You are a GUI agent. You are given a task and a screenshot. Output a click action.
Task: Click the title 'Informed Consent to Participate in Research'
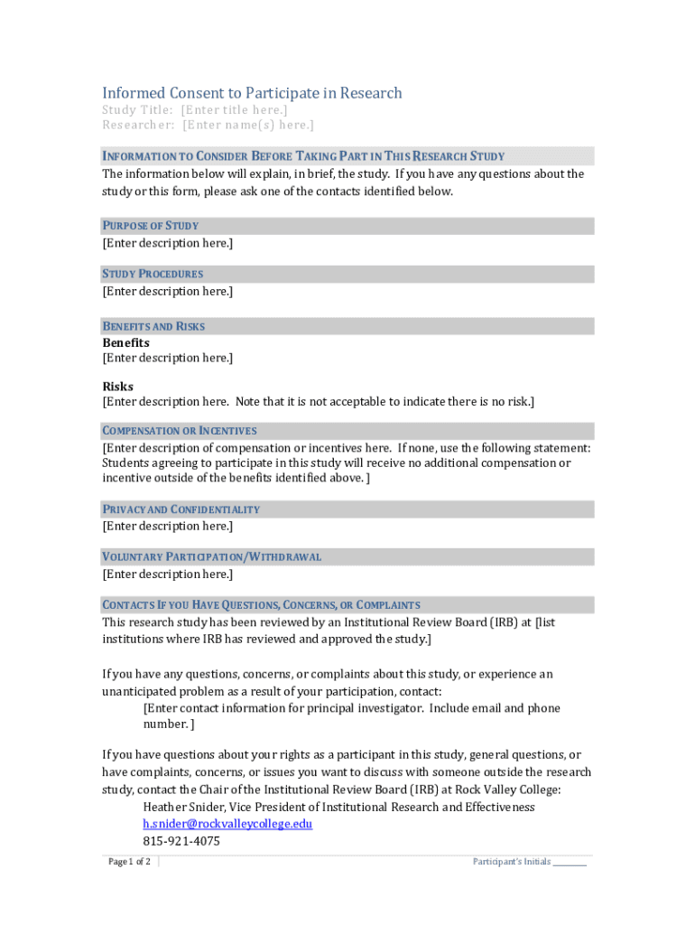252,93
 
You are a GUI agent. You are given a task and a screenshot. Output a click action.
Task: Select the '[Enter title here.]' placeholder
235,110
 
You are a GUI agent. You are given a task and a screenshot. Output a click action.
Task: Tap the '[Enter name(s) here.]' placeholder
248,126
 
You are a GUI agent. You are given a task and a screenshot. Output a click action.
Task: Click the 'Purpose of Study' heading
151,226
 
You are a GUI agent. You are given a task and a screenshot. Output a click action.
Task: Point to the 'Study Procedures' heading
153,274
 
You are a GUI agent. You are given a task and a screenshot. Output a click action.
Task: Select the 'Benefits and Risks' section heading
153,326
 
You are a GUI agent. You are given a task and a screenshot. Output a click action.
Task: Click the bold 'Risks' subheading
117,387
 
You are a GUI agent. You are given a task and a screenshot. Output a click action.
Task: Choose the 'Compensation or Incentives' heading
180,431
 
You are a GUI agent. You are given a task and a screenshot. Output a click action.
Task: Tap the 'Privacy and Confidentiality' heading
181,509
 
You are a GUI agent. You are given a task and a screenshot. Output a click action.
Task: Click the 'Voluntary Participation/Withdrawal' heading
212,556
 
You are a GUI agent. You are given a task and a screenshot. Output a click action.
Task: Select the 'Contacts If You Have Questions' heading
262,605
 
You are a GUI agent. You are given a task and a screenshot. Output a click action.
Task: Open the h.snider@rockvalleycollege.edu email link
227,824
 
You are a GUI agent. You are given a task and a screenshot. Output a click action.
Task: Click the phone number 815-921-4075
181,841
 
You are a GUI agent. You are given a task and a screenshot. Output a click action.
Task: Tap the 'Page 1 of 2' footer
129,862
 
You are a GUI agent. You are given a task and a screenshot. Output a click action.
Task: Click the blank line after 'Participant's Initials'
570,862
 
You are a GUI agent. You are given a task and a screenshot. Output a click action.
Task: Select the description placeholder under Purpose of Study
167,243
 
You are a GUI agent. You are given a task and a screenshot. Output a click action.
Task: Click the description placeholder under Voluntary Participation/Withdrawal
167,574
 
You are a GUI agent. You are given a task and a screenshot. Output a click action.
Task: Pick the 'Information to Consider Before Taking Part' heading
303,156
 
